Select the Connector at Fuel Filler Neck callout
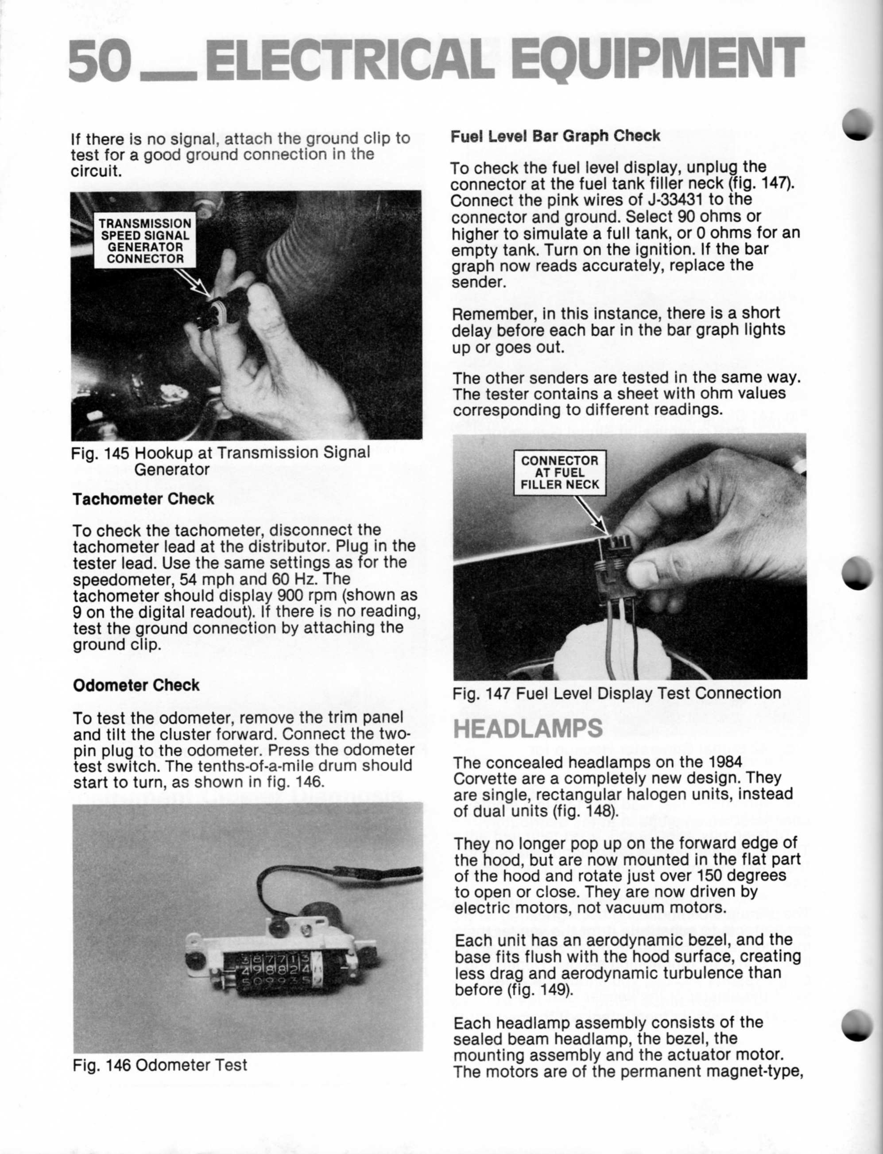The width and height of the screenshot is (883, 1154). pos(559,472)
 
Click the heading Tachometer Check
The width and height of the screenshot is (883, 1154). pos(143,499)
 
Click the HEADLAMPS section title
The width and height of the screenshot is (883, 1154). pos(527,728)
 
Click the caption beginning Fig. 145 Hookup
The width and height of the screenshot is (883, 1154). pos(221,453)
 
